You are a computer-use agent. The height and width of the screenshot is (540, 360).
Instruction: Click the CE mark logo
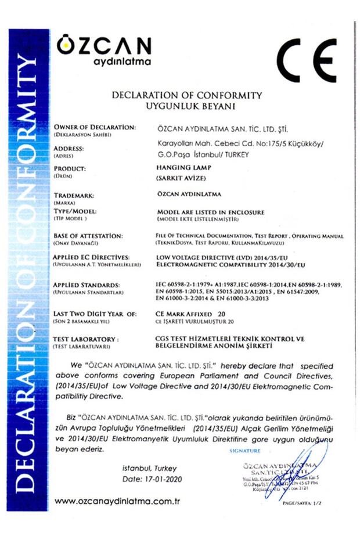click(x=305, y=60)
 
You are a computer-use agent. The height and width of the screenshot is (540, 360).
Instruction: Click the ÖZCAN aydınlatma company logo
click(x=103, y=51)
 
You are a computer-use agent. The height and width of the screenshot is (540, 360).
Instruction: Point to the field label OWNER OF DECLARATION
click(x=95, y=127)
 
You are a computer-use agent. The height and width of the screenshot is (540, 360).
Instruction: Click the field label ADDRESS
click(x=69, y=149)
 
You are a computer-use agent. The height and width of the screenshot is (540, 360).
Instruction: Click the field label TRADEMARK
click(x=73, y=195)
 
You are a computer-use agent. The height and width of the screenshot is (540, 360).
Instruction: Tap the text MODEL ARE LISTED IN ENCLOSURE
click(x=211, y=212)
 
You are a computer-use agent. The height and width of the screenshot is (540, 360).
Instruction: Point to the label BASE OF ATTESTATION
click(x=88, y=236)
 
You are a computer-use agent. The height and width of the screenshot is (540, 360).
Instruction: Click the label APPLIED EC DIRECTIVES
click(x=91, y=256)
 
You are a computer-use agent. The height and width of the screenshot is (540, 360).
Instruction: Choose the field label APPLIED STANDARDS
click(x=87, y=285)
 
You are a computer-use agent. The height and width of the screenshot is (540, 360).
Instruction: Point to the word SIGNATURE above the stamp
click(x=246, y=451)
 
